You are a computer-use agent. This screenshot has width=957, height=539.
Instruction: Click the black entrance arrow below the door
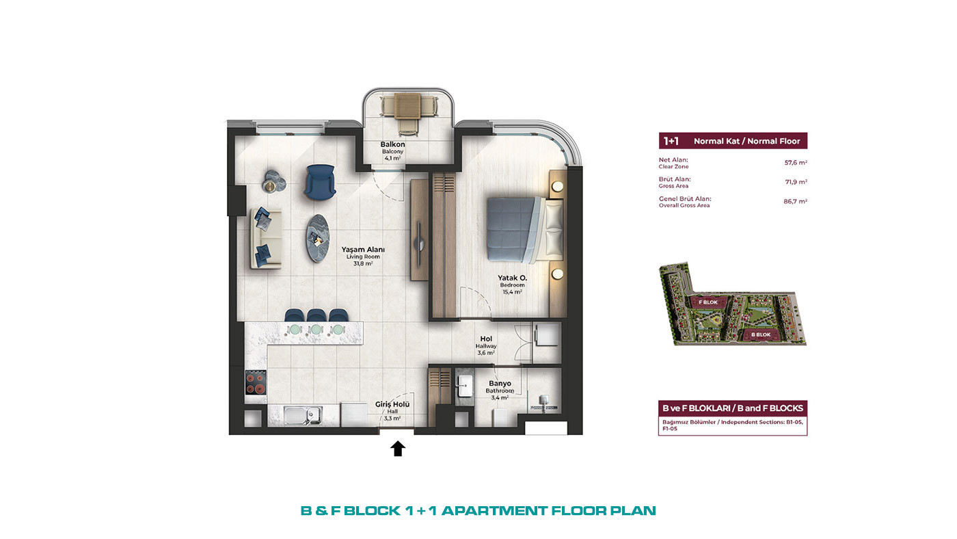coord(398,449)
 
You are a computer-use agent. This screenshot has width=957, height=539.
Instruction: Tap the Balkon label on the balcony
coord(392,144)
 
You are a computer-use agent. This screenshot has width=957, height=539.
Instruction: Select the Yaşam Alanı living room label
coord(363,250)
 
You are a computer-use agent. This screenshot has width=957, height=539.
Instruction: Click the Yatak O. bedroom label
coord(512,278)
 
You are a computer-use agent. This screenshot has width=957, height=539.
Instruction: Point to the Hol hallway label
coord(486,339)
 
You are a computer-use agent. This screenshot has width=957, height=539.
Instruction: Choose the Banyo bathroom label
coord(500,384)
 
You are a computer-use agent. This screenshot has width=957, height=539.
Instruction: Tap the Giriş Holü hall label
coord(392,404)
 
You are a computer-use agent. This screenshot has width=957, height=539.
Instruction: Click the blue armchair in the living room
coord(320,182)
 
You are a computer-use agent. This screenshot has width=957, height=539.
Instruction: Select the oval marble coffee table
coord(318,238)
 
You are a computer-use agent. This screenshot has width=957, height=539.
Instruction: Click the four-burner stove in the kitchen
coord(256,382)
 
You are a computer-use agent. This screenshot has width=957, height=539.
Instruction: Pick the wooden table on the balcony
coord(407,106)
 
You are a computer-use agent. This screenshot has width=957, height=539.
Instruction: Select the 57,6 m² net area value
coord(796,163)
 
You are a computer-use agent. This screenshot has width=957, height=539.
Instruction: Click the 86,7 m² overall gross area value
coord(796,201)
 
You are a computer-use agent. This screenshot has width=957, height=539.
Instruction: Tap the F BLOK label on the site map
coord(708,302)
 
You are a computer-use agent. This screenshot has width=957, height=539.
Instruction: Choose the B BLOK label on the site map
coord(761,334)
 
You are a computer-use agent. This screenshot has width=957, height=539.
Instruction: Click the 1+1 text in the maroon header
coord(671,141)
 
